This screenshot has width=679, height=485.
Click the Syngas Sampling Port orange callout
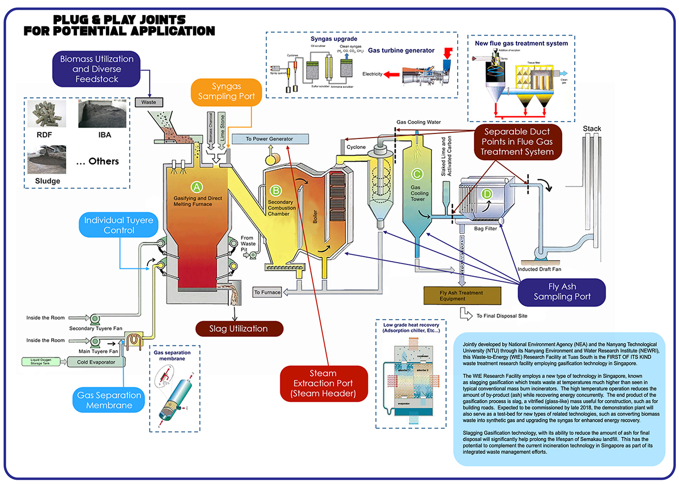point(227,92)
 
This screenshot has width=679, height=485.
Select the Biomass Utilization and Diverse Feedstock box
point(97,69)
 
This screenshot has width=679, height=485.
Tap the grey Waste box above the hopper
point(148,102)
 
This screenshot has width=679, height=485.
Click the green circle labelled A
point(197,187)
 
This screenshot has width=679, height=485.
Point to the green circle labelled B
point(276,191)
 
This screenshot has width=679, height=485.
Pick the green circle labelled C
point(417,174)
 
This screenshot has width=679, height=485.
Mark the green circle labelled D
point(487,194)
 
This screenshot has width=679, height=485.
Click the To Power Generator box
point(269,139)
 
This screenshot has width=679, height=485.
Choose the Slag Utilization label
point(239,329)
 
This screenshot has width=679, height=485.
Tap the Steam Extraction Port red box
point(323,384)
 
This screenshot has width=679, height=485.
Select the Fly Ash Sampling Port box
point(562,292)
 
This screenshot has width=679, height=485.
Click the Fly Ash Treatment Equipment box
point(462,296)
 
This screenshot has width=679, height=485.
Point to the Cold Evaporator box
point(97,362)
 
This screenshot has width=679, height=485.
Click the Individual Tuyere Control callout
point(119,225)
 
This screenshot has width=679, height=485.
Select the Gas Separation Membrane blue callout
point(109,400)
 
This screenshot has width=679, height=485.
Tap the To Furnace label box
point(267,293)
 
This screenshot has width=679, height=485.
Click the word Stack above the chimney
point(592,129)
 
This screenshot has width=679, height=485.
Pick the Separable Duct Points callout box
point(518,142)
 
